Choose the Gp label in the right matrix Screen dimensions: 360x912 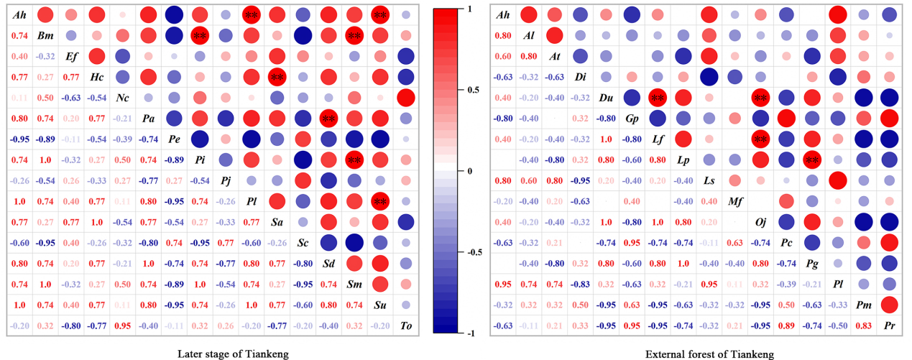click(x=632, y=119)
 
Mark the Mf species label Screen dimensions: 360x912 click(x=735, y=201)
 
